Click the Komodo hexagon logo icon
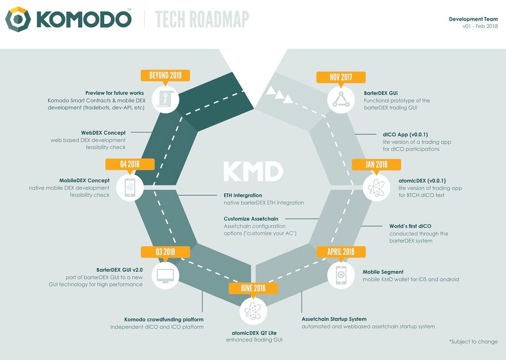point(18,19)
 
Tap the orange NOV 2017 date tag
point(341,78)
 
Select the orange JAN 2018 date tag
point(376,165)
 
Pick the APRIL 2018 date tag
point(341,252)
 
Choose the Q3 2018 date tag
point(165,252)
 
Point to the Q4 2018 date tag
point(130,164)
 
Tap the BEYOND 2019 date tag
point(165,76)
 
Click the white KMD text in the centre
point(253,171)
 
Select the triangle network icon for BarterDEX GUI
point(341,99)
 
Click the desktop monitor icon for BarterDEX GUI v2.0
point(165,275)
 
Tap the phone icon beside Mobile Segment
point(341,275)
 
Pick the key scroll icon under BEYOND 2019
point(165,99)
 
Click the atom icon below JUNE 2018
point(253,311)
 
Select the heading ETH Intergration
point(243,195)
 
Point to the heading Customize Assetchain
point(251,219)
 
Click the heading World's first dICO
point(410,226)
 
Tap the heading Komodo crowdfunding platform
point(164,319)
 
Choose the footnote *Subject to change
point(473,342)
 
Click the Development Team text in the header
point(473,19)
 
